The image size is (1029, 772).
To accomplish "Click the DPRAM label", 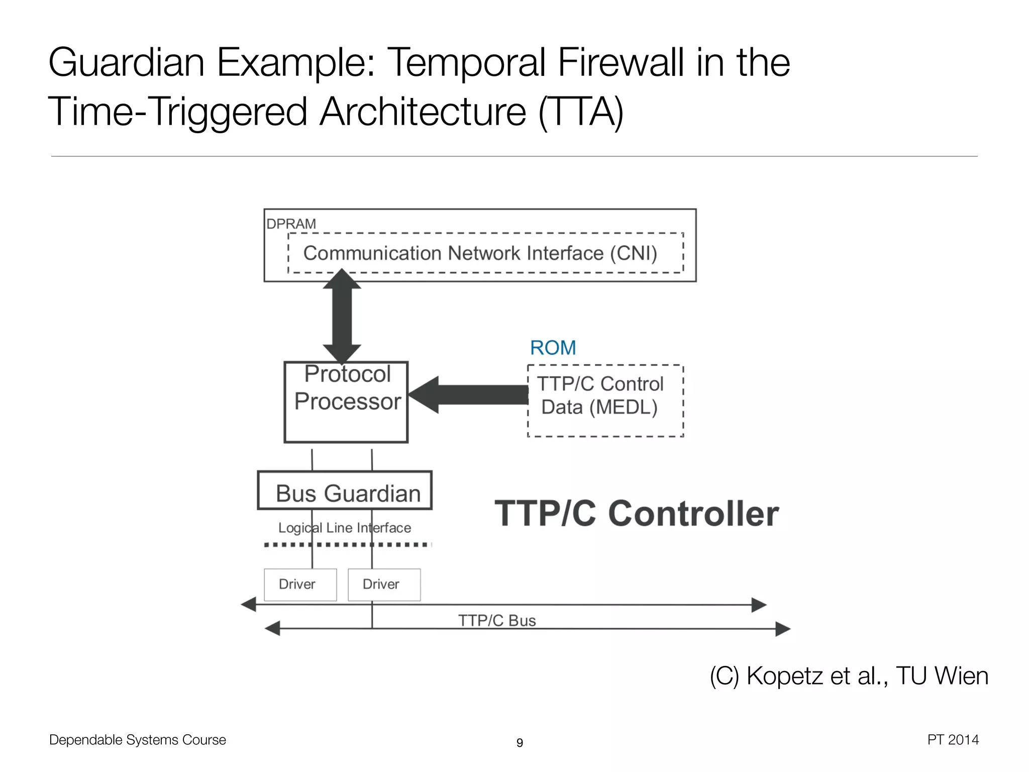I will [x=291, y=224].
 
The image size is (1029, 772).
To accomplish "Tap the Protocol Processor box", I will [x=346, y=402].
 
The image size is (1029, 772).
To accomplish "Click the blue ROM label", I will [x=553, y=348].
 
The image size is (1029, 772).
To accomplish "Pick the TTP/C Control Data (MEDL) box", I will [x=605, y=401].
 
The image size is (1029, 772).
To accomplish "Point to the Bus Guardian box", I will [x=345, y=491].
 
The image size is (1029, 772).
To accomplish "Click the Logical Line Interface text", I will [x=345, y=528].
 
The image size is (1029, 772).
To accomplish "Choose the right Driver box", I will [x=384, y=585].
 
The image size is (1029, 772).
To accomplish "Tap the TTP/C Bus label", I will [x=497, y=621].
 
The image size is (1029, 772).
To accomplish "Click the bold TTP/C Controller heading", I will [x=637, y=514].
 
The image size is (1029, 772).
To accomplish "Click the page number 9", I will [x=520, y=742].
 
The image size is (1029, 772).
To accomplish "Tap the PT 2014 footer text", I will [x=953, y=740].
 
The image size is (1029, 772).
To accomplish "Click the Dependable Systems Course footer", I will [x=138, y=740].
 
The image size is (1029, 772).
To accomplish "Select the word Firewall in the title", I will [x=621, y=62].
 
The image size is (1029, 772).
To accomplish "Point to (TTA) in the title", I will [x=581, y=112].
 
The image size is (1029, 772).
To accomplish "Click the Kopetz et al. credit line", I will [x=849, y=675].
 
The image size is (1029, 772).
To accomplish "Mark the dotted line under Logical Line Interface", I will [x=347, y=544].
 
